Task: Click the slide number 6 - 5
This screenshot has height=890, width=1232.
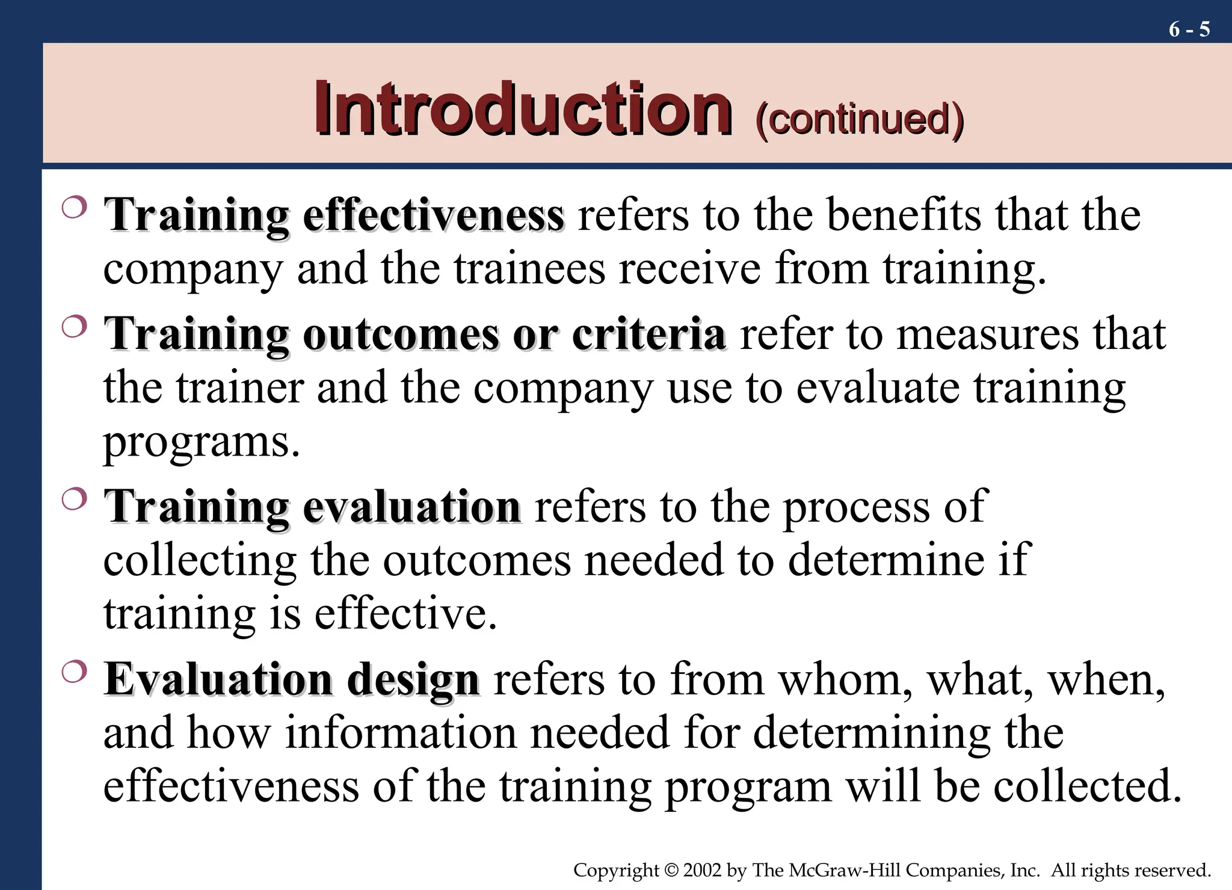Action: tap(1189, 29)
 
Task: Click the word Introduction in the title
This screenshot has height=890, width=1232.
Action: tap(523, 109)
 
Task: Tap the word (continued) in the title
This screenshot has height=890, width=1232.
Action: tap(860, 119)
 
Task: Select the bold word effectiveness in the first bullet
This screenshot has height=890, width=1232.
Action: tap(433, 215)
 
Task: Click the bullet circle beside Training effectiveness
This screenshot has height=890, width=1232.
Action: tap(74, 208)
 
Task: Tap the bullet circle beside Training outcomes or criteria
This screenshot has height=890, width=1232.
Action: tap(74, 327)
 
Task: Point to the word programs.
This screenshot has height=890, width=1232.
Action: tap(201, 442)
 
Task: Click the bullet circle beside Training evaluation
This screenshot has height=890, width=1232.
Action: tap(74, 499)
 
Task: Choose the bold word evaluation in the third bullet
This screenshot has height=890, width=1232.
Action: tap(411, 507)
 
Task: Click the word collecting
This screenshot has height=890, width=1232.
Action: tap(199, 561)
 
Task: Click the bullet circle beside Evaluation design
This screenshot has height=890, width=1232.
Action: tap(74, 672)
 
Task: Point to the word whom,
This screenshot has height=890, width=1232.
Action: tap(845, 680)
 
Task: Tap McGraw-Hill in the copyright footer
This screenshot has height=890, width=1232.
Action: tap(844, 870)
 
